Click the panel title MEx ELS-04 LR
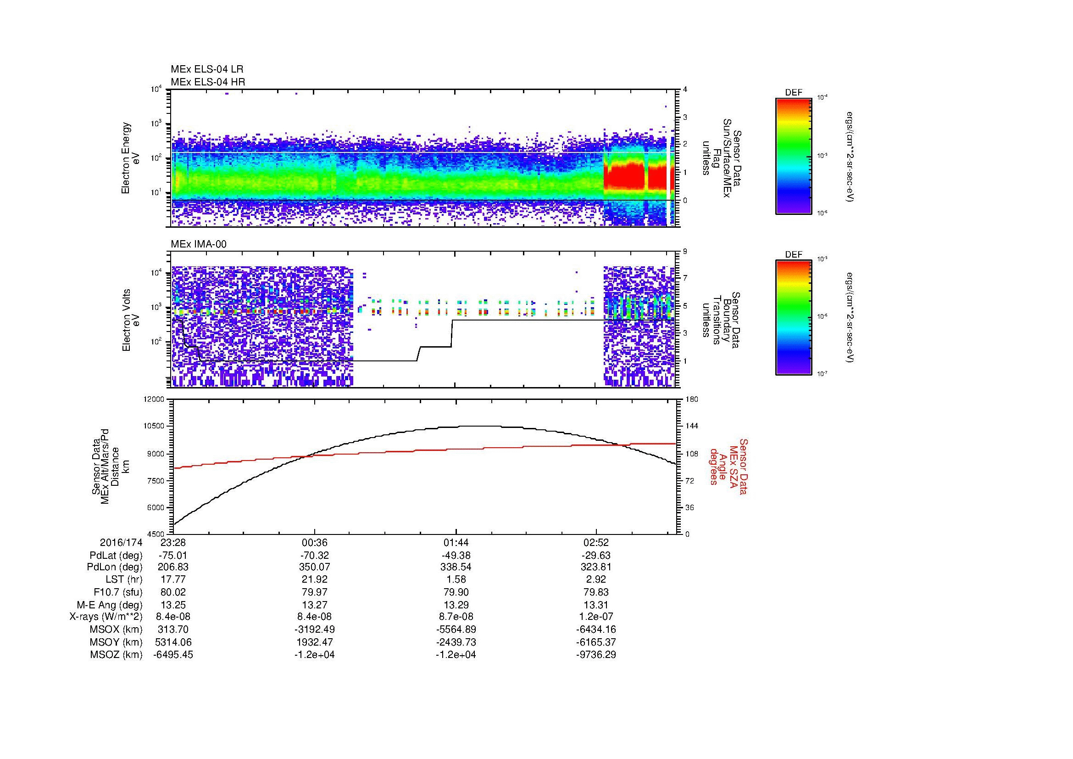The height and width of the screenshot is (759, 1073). click(x=206, y=69)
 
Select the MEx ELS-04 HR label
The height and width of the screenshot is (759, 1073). click(x=207, y=82)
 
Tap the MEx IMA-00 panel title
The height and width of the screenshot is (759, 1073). click(x=199, y=244)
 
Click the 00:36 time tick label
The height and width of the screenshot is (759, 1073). click(x=315, y=542)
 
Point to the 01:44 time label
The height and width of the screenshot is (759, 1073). click(x=456, y=542)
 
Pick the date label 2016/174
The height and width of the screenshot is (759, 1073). click(x=121, y=542)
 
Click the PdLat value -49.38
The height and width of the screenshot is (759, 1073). click(x=456, y=556)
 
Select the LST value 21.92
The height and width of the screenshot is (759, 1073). click(x=315, y=579)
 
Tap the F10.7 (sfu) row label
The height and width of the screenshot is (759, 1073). click(x=117, y=592)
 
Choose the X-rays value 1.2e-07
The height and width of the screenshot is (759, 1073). click(x=596, y=617)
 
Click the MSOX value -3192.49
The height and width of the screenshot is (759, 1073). click(x=315, y=630)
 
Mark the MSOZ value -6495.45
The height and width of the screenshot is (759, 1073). click(x=173, y=655)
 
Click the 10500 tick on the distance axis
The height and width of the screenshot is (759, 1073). click(x=154, y=426)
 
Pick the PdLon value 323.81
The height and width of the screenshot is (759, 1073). click(x=596, y=567)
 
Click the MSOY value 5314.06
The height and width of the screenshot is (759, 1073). click(x=173, y=642)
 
